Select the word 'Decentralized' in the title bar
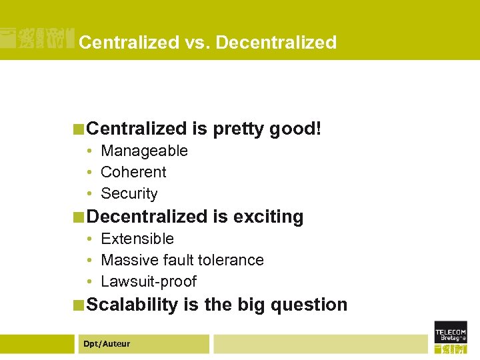(x=276, y=43)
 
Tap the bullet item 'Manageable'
(x=144, y=151)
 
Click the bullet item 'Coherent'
(x=133, y=172)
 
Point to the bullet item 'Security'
(x=129, y=193)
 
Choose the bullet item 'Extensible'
(x=137, y=239)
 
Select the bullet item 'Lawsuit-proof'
(x=148, y=281)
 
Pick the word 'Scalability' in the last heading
(x=133, y=305)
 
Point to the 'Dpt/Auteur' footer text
(x=107, y=344)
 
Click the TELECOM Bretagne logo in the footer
(x=450, y=337)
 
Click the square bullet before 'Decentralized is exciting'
(x=79, y=217)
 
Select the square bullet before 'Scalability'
(x=79, y=305)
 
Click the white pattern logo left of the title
(x=37, y=39)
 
